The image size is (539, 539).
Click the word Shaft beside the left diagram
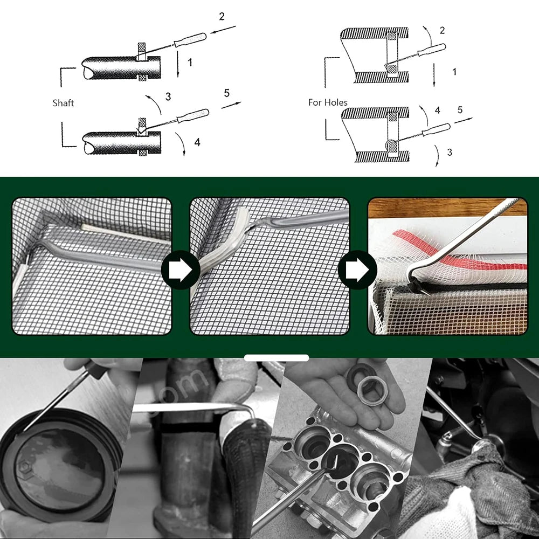(63, 103)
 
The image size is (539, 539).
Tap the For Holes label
(328, 102)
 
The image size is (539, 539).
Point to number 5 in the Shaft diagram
(226, 93)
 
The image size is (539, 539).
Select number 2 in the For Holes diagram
(442, 30)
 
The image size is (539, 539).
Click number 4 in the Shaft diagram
(197, 142)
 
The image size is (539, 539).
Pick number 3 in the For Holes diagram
(450, 153)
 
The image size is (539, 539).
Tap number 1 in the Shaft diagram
(190, 63)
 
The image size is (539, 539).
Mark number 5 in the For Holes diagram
(460, 110)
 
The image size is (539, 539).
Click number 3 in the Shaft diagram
(168, 96)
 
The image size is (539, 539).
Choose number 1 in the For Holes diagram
(454, 71)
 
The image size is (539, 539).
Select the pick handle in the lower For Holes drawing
(436, 129)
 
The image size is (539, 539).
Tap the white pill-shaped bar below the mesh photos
(276, 357)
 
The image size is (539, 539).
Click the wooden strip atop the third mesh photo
(447, 208)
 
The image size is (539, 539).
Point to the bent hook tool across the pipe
(194, 407)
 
